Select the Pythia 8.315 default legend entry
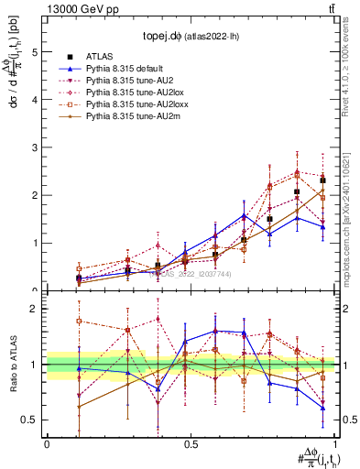[128, 69]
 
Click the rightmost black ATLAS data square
[322, 180]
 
